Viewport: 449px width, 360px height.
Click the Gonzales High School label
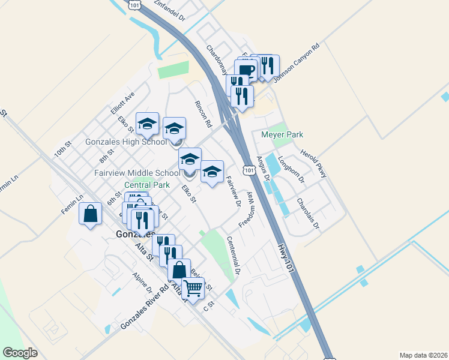[126, 142]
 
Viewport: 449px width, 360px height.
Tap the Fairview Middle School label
[137, 173]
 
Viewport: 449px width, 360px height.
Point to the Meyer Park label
[282, 135]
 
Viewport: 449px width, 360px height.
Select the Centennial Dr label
[234, 255]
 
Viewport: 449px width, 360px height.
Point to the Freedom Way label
[247, 209]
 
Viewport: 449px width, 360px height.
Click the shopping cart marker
[193, 288]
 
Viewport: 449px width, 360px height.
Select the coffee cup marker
[246, 70]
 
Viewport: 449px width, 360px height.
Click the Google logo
[20, 353]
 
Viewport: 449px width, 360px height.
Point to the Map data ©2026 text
[423, 355]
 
